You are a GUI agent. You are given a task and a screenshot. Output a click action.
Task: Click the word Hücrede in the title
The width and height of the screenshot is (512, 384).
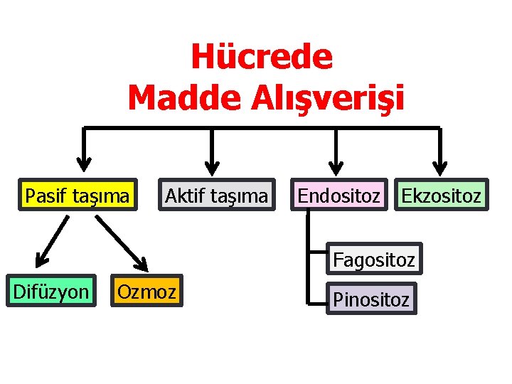tap(261, 58)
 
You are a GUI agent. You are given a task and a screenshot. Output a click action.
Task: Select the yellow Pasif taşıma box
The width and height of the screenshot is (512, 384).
tap(78, 195)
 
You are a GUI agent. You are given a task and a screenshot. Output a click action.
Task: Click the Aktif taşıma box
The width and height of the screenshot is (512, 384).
tap(216, 195)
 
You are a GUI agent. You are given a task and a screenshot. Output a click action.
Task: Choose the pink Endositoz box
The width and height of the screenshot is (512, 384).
tap(338, 195)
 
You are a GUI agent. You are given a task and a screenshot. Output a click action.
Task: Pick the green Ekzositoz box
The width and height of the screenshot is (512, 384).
tap(441, 195)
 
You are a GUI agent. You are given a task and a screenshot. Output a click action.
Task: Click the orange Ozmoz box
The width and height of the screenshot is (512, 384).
tap(146, 291)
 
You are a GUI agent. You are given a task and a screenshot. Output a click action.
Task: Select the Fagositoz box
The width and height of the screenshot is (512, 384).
tap(373, 260)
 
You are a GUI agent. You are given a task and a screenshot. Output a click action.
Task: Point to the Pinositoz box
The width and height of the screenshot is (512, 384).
tap(370, 299)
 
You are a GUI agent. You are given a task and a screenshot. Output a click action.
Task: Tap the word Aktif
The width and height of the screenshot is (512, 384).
tap(183, 195)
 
